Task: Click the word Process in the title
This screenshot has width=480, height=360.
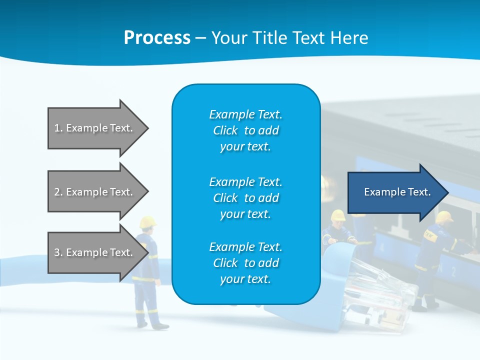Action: tap(157, 38)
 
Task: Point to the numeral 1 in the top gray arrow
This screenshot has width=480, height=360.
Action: tap(56, 128)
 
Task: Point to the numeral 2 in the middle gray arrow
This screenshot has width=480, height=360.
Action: tap(56, 192)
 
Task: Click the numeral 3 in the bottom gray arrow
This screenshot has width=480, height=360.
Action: tap(56, 252)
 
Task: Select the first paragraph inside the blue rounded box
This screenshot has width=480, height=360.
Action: tap(245, 130)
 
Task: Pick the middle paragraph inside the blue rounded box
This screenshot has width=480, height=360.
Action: tap(245, 197)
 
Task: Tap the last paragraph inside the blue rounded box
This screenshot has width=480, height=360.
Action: tap(245, 263)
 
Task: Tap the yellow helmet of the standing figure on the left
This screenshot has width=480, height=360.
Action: tap(148, 221)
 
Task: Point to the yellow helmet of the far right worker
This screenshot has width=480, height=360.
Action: tap(443, 216)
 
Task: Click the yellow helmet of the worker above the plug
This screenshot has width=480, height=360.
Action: tap(338, 215)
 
